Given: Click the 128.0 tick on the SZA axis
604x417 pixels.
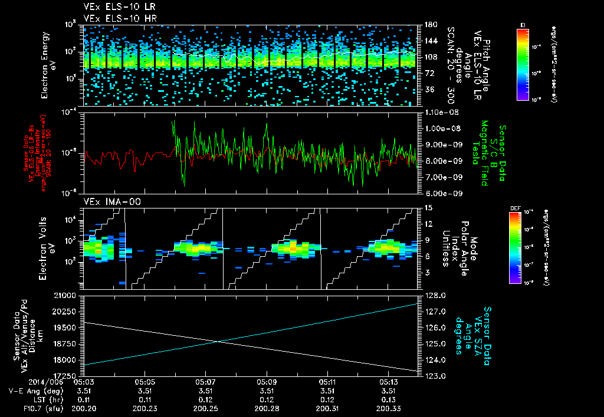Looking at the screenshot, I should pos(436,295).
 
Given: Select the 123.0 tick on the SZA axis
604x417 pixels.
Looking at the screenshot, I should pos(436,376).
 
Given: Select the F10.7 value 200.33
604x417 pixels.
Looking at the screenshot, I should pos(389,408).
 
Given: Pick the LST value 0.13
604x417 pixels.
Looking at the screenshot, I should pos(389,399).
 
